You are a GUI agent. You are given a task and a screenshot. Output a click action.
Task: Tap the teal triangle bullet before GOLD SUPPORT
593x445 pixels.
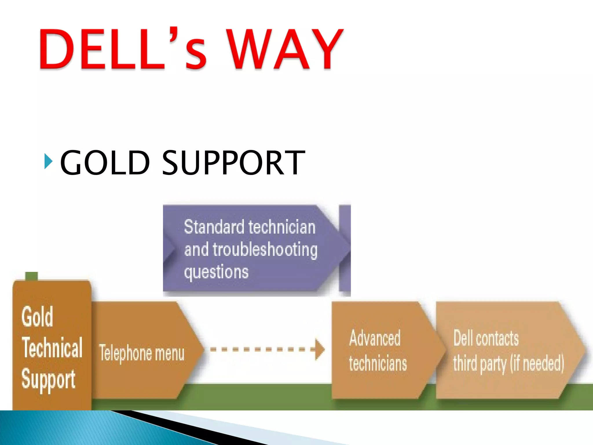48,162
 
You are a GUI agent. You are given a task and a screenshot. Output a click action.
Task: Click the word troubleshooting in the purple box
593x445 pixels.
265,249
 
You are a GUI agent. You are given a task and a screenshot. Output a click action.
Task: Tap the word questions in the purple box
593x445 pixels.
216,272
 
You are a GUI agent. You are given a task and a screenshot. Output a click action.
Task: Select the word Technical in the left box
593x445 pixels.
52,348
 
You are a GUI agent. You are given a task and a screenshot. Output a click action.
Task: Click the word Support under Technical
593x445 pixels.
48,380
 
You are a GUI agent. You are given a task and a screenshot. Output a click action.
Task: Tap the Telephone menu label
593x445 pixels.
142,353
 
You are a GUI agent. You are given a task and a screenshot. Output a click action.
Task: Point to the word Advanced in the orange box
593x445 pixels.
375,338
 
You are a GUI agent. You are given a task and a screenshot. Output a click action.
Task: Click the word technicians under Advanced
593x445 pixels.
378,364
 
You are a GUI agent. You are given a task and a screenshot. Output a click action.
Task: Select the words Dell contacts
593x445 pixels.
486,338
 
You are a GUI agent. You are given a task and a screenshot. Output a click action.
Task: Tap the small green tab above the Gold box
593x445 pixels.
31,276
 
